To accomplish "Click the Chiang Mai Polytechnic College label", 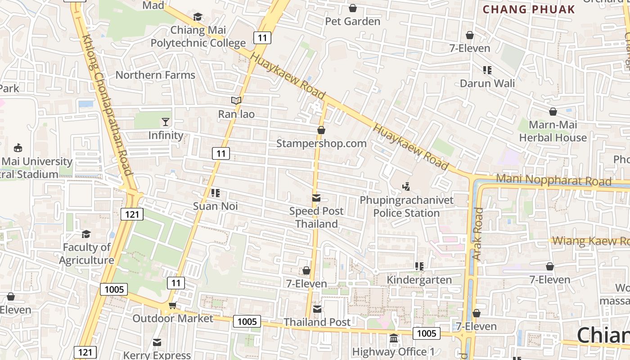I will pyautogui.click(x=198, y=36).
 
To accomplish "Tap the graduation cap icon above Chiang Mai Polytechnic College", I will pyautogui.click(x=198, y=17).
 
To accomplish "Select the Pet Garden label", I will pyautogui.click(x=353, y=21).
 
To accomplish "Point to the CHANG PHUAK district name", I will pyautogui.click(x=529, y=9).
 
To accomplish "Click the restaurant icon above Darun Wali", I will pyautogui.click(x=487, y=70).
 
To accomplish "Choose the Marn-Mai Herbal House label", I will pyautogui.click(x=553, y=131).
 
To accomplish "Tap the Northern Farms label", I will pyautogui.click(x=155, y=75).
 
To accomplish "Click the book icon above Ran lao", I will pyautogui.click(x=236, y=100).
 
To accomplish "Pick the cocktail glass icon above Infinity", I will pyautogui.click(x=166, y=121).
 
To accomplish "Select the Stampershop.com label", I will pyautogui.click(x=321, y=143).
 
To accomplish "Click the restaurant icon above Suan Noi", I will pyautogui.click(x=215, y=193).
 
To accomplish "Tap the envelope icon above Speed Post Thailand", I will pyautogui.click(x=316, y=198).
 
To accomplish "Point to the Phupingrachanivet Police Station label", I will pyautogui.click(x=406, y=206).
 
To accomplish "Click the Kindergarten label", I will pyautogui.click(x=419, y=280).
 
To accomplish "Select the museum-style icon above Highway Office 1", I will pyautogui.click(x=394, y=338).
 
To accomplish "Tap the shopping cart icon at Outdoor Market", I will pyautogui.click(x=172, y=306).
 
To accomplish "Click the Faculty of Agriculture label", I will pyautogui.click(x=86, y=253).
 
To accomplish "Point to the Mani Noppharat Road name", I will pyautogui.click(x=553, y=180).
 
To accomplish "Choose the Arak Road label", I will pyautogui.click(x=477, y=234).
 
